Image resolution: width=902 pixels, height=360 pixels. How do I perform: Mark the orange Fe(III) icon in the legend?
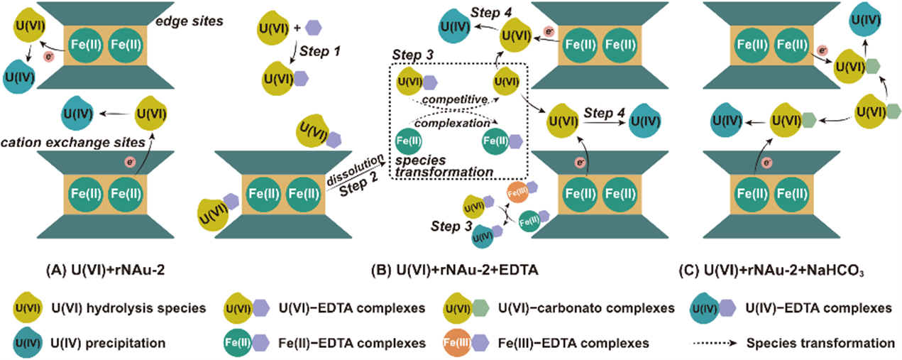(454, 343)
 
